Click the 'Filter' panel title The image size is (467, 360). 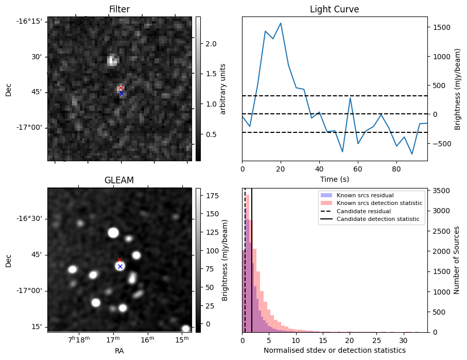(x=119, y=9)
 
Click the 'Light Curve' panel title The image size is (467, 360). (x=334, y=9)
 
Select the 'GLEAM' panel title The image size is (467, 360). (x=119, y=180)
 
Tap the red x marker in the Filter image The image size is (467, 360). (x=120, y=88)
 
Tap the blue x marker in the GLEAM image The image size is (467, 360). (x=120, y=266)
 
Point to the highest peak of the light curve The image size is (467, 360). (x=281, y=23)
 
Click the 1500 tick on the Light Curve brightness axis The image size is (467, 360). (x=442, y=27)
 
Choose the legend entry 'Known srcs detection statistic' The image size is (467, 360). (x=379, y=203)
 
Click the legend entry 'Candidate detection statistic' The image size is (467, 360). (x=377, y=219)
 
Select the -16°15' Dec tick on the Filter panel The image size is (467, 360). (x=32, y=21)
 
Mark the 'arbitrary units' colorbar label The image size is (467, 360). (x=223, y=89)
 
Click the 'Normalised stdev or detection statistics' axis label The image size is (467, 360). (x=334, y=350)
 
